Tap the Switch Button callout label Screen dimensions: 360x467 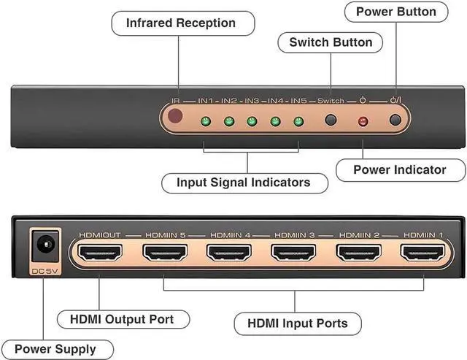pyautogui.click(x=331, y=42)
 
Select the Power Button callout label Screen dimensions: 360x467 pyautogui.click(x=395, y=11)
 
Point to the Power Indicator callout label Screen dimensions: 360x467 pyautogui.click(x=399, y=169)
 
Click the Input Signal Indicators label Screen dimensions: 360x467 pyautogui.click(x=243, y=182)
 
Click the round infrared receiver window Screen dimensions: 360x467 pyautogui.click(x=175, y=117)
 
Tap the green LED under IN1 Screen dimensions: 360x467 pyautogui.click(x=206, y=121)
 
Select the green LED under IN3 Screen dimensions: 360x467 pyautogui.click(x=252, y=121)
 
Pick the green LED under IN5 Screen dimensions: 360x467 pyautogui.click(x=297, y=121)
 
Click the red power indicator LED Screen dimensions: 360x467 pyautogui.click(x=362, y=121)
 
